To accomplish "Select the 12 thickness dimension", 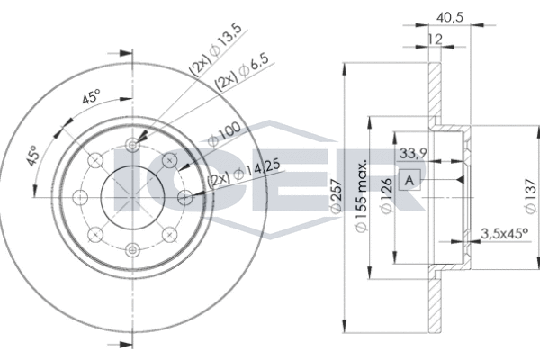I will [435, 40].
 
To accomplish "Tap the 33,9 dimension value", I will [412, 153].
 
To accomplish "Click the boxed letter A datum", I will [410, 180].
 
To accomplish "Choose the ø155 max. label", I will [362, 194].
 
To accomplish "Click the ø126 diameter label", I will [385, 194].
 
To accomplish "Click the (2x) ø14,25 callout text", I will [240, 175].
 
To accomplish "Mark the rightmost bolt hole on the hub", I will [184, 197].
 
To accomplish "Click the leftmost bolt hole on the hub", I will [80, 197].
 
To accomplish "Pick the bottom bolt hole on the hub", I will [132, 249].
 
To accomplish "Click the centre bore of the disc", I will [132, 197].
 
